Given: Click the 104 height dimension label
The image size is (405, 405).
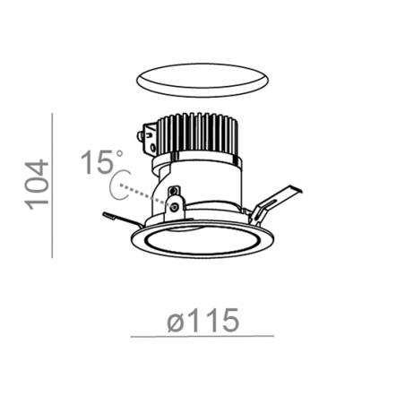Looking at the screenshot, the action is pyautogui.click(x=38, y=185).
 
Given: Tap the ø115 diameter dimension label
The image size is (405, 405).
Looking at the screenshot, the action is pyautogui.click(x=203, y=320).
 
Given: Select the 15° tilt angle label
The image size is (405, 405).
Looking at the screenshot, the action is pyautogui.click(x=101, y=162).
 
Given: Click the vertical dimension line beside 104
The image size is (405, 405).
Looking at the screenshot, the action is pyautogui.click(x=52, y=185).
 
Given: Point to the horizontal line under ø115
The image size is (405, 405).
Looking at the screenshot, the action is pyautogui.click(x=202, y=336).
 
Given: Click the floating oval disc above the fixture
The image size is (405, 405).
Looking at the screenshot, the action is pyautogui.click(x=202, y=80).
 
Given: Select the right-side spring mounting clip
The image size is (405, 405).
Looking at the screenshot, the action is pyautogui.click(x=273, y=206).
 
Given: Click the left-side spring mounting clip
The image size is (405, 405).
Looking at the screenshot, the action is pyautogui.click(x=123, y=220).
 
